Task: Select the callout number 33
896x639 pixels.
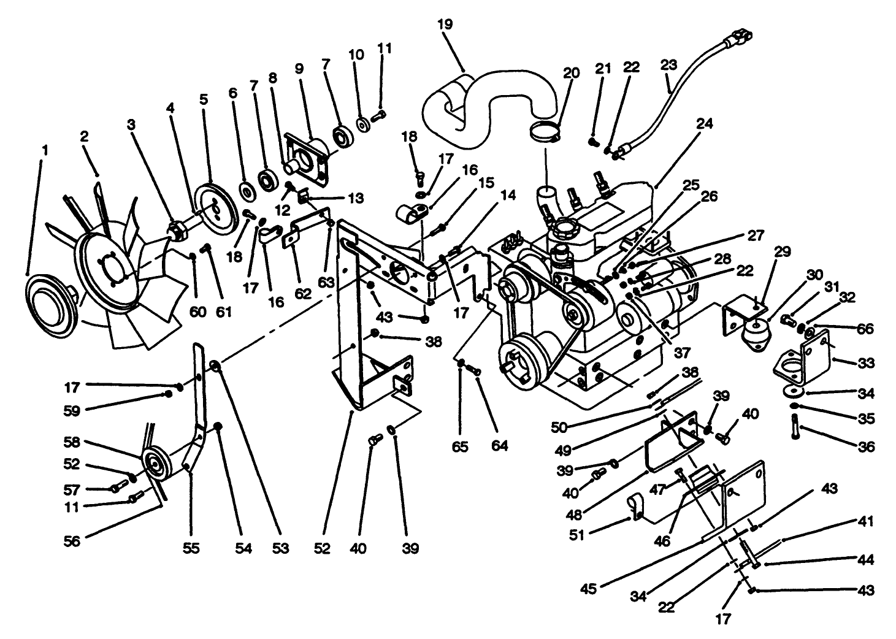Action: (865, 363)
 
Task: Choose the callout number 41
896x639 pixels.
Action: (865, 522)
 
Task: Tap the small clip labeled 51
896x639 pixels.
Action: (636, 508)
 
